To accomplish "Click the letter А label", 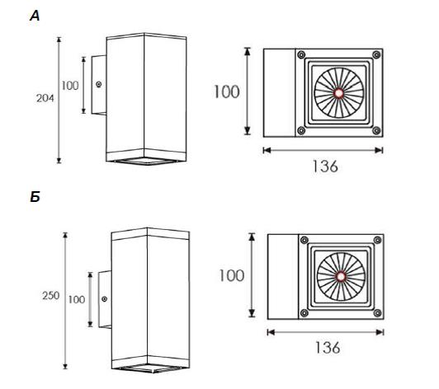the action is (x=35, y=16).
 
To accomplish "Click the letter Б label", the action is (x=35, y=198).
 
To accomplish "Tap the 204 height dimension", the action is (x=45, y=98).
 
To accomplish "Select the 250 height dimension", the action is (x=50, y=296).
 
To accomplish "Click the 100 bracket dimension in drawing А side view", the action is (x=70, y=86).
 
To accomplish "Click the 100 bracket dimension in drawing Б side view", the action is (x=77, y=300).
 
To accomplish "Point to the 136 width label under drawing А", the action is (x=325, y=166).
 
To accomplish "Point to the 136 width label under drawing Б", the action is (x=328, y=348).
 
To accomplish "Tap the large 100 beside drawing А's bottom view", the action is (x=226, y=91).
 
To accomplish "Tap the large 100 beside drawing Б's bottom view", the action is (x=231, y=276).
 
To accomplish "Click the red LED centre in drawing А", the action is (x=339, y=93).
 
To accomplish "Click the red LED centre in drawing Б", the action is (x=341, y=277).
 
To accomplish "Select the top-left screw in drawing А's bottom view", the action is (x=301, y=54).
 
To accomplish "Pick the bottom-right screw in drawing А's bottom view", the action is (x=376, y=130).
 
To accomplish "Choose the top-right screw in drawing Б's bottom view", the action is (x=378, y=240).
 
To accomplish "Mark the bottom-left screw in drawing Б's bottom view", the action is (x=304, y=313).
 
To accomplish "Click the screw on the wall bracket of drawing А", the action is (x=99, y=84).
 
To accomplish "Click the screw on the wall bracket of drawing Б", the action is (x=105, y=299).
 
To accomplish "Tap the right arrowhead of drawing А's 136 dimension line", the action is (x=379, y=150).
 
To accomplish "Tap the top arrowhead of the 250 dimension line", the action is (x=65, y=235).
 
